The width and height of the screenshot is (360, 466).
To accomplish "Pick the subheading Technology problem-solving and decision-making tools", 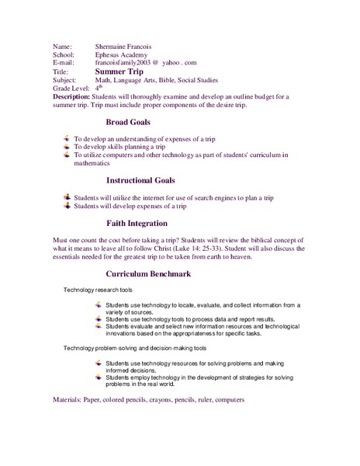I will [136, 349].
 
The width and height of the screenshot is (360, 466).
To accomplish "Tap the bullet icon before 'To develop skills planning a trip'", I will [67, 146].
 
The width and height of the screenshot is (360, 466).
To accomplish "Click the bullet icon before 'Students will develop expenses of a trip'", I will [67, 207].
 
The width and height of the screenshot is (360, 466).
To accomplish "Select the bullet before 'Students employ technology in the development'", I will [98, 377].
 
